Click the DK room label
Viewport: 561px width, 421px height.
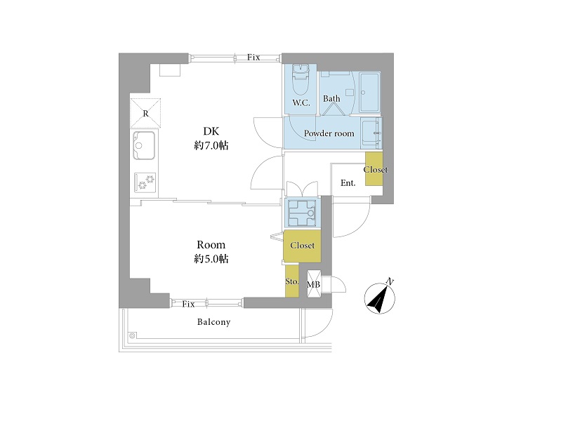[x=211, y=131]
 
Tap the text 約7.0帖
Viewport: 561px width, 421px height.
[x=211, y=145]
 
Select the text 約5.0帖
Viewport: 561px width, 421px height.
[x=211, y=259]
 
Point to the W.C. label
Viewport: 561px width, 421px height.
[x=301, y=103]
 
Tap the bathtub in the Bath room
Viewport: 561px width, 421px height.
[x=369, y=93]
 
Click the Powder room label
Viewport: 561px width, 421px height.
[x=329, y=133]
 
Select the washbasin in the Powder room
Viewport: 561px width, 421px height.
[x=371, y=133]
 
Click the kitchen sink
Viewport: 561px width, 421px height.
[x=144, y=145]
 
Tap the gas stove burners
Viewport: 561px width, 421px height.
[x=145, y=182]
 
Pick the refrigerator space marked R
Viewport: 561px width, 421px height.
[x=145, y=113]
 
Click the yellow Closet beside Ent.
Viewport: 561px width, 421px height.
[x=374, y=169]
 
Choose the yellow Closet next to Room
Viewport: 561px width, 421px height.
[x=302, y=246]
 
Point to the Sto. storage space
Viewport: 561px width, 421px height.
[x=291, y=281]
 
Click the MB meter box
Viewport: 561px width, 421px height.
[x=314, y=284]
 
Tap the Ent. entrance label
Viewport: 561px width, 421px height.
[x=348, y=183]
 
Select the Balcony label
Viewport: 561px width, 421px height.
[x=214, y=322]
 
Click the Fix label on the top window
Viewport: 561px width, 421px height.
[x=253, y=58]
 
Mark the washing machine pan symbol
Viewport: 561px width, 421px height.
[x=302, y=213]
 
